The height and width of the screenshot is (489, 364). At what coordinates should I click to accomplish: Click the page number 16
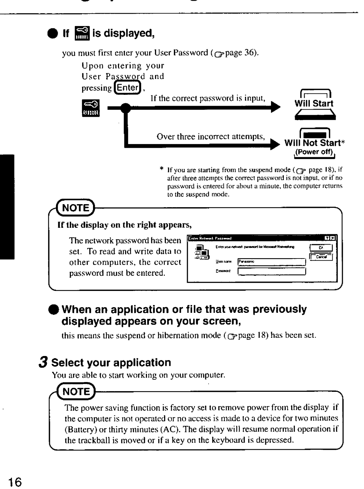tap(14, 482)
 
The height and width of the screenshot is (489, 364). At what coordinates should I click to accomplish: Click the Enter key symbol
tap(127, 88)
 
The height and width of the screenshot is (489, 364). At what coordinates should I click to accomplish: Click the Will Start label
tap(314, 104)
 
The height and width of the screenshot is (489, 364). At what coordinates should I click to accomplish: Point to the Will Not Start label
tap(312, 143)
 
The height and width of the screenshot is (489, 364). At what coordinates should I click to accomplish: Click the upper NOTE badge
tap(76, 208)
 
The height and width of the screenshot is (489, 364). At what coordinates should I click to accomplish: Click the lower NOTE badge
tap(77, 391)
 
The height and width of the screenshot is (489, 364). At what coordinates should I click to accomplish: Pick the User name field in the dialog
tap(271, 262)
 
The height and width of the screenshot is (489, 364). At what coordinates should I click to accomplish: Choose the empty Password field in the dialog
tap(271, 271)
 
